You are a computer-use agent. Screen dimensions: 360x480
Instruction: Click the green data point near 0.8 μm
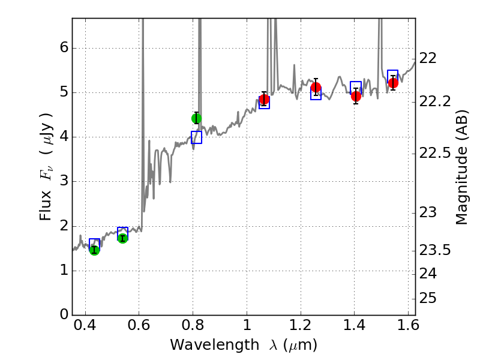pos(196,118)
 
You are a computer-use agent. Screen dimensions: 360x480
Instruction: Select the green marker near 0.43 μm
pos(94,250)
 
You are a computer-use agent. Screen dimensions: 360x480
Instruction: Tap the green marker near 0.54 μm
pos(122,238)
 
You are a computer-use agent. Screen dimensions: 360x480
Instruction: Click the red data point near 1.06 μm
pos(264,100)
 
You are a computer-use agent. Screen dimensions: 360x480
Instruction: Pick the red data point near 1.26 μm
pos(316,87)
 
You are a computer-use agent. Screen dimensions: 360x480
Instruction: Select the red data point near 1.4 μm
pos(356,96)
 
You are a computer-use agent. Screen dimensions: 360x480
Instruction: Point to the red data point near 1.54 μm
pos(393,83)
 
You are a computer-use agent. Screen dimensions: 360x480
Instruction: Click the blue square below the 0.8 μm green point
pos(196,137)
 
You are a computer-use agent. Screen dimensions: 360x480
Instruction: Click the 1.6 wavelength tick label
pos(408,328)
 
